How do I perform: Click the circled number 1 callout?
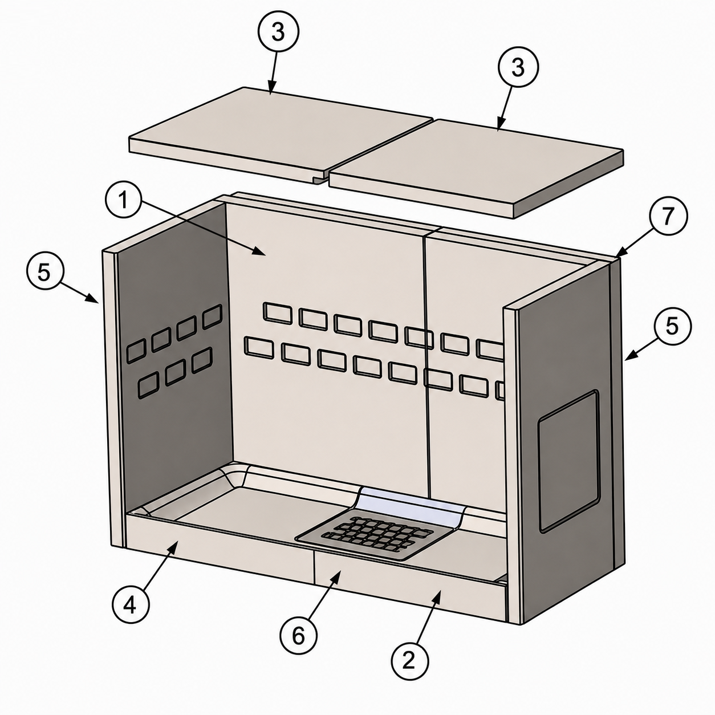[124, 200]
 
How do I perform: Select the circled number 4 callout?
[130, 606]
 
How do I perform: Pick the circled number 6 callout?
[298, 636]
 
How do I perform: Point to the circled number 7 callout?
[668, 216]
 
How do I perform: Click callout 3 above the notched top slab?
[278, 32]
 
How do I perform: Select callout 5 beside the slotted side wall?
[44, 273]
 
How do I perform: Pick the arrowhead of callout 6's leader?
[336, 575]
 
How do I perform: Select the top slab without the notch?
[476, 168]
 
